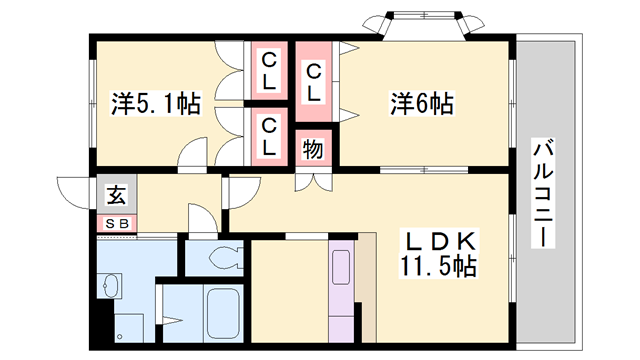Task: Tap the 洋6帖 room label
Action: point(421,102)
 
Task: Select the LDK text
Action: point(441,242)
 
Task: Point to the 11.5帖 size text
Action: point(441,266)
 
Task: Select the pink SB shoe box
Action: point(116,224)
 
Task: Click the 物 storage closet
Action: point(312,150)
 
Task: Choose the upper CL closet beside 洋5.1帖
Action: point(269,71)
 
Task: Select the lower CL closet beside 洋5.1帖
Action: point(269,134)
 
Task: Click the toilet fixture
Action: point(227,258)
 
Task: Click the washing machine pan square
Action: point(130,325)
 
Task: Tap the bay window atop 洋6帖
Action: point(419,25)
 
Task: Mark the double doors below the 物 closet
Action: point(312,181)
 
